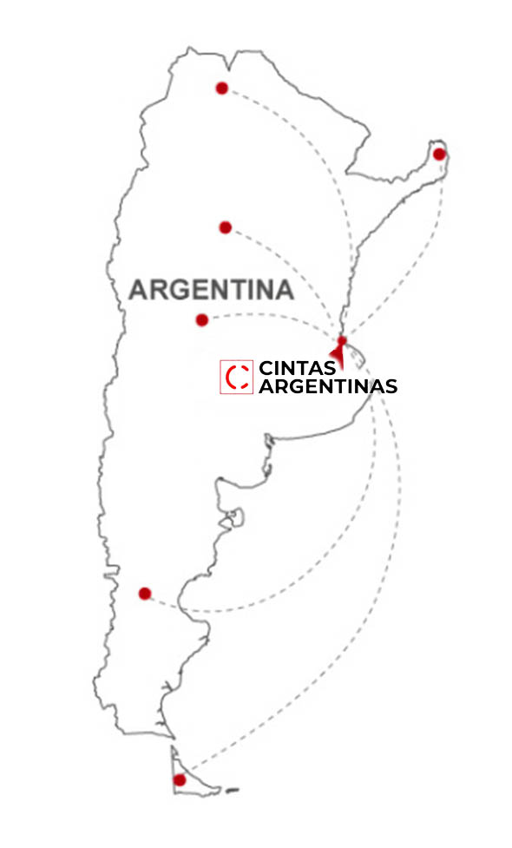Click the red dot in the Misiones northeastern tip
(x=439, y=154)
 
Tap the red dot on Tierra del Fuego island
(x=180, y=780)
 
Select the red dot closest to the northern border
(x=222, y=88)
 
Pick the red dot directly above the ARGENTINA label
(x=226, y=227)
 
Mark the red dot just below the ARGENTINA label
(x=202, y=320)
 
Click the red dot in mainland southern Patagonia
(x=145, y=594)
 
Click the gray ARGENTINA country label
(x=211, y=290)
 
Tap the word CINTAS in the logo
(x=297, y=369)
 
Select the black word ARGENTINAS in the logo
(x=328, y=386)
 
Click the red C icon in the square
(x=236, y=378)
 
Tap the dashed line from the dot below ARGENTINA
(x=269, y=314)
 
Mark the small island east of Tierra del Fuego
(x=232, y=791)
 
